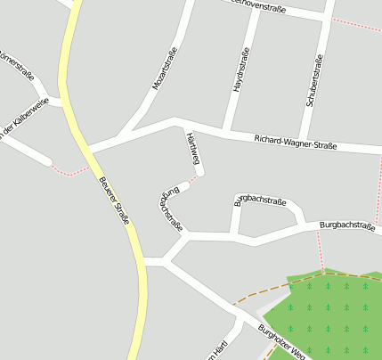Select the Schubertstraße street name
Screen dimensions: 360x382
tap(313, 82)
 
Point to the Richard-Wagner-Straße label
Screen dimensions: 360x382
tap(295, 141)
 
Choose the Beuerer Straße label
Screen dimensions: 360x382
tap(113, 198)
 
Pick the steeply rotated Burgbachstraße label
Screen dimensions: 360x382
tap(171, 208)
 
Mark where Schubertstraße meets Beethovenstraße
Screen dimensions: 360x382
tap(325, 18)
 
